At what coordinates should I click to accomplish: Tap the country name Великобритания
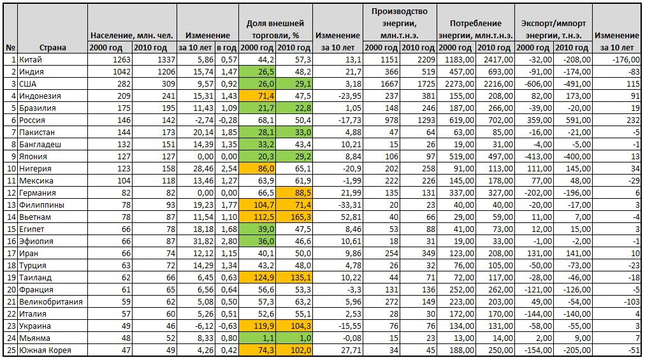pyautogui.click(x=52, y=301)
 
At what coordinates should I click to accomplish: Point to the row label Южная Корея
pyautogui.click(x=45, y=350)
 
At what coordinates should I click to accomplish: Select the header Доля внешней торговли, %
pyautogui.click(x=276, y=29)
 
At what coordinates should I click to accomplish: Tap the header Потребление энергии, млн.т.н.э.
pyautogui.click(x=475, y=29)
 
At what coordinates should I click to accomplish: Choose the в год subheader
pyautogui.click(x=227, y=47)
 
